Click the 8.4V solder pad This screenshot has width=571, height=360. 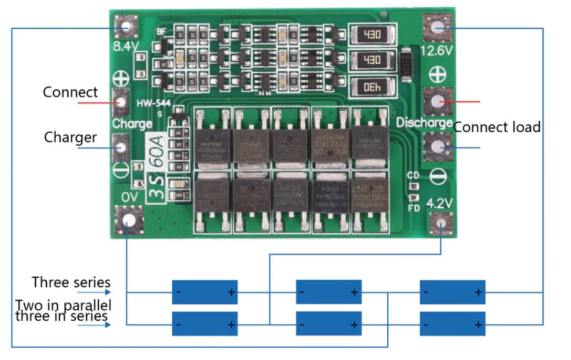[x=127, y=28]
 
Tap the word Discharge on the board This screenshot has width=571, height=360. [x=424, y=122]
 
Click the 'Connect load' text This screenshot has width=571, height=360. [x=497, y=127]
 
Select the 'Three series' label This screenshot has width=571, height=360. [x=71, y=282]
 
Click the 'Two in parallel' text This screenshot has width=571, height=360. [x=64, y=305]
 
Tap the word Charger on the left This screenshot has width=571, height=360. [x=70, y=137]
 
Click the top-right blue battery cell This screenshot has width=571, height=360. [x=452, y=292]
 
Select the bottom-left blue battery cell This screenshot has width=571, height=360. [x=204, y=323]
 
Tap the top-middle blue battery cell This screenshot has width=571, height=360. [x=328, y=292]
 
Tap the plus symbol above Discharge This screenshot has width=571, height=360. [x=437, y=75]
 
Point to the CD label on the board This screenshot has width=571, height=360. [x=414, y=176]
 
